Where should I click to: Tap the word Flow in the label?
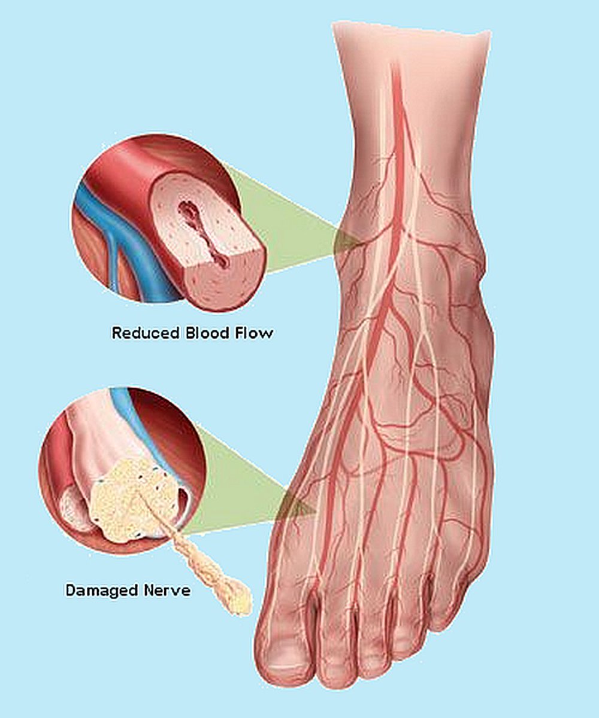coord(254,333)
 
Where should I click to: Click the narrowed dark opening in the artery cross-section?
coord(204,234)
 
